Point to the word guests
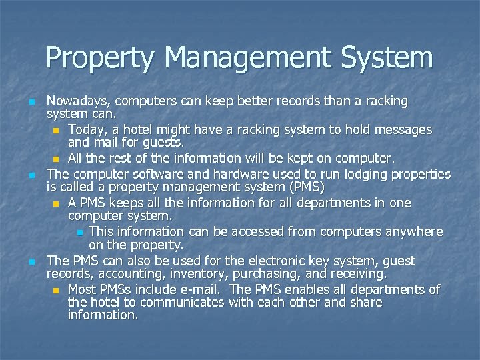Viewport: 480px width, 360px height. point(163,142)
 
